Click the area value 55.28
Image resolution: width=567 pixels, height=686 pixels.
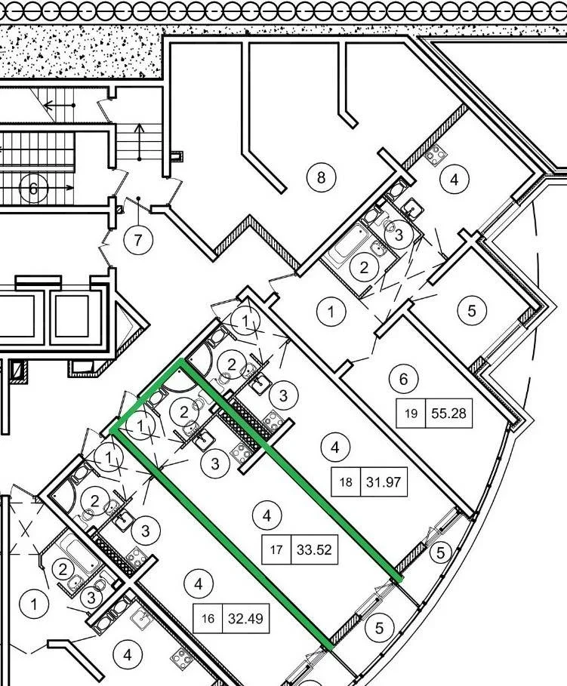pos(448,413)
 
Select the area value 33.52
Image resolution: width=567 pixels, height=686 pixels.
pos(314,549)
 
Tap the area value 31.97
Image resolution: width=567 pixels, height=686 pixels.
pos(383,481)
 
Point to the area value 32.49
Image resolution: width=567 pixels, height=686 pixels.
pos(245,618)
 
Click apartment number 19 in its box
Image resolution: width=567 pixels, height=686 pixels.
pos(411,414)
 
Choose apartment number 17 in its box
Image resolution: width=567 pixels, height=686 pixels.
pos(276,549)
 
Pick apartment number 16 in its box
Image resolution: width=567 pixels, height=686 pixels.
pos(208,619)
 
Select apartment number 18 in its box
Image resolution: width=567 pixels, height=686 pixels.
pos(346,482)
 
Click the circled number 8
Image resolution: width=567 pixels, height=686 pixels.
pos(322,177)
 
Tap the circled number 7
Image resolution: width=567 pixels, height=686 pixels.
pos(138,240)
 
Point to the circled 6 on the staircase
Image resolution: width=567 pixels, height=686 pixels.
pos(33,189)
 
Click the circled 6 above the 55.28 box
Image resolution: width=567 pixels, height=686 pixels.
pos(403,378)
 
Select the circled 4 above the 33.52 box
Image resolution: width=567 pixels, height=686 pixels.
pos(267,515)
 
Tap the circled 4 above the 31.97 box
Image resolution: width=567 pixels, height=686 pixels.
pos(335,447)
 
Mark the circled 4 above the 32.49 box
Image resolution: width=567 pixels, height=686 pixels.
pos(199,583)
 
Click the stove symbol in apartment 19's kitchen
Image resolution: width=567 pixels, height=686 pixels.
pos(435,155)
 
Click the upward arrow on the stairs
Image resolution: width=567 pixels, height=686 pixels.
pos(140,141)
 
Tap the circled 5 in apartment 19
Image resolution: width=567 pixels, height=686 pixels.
pos(472,311)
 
